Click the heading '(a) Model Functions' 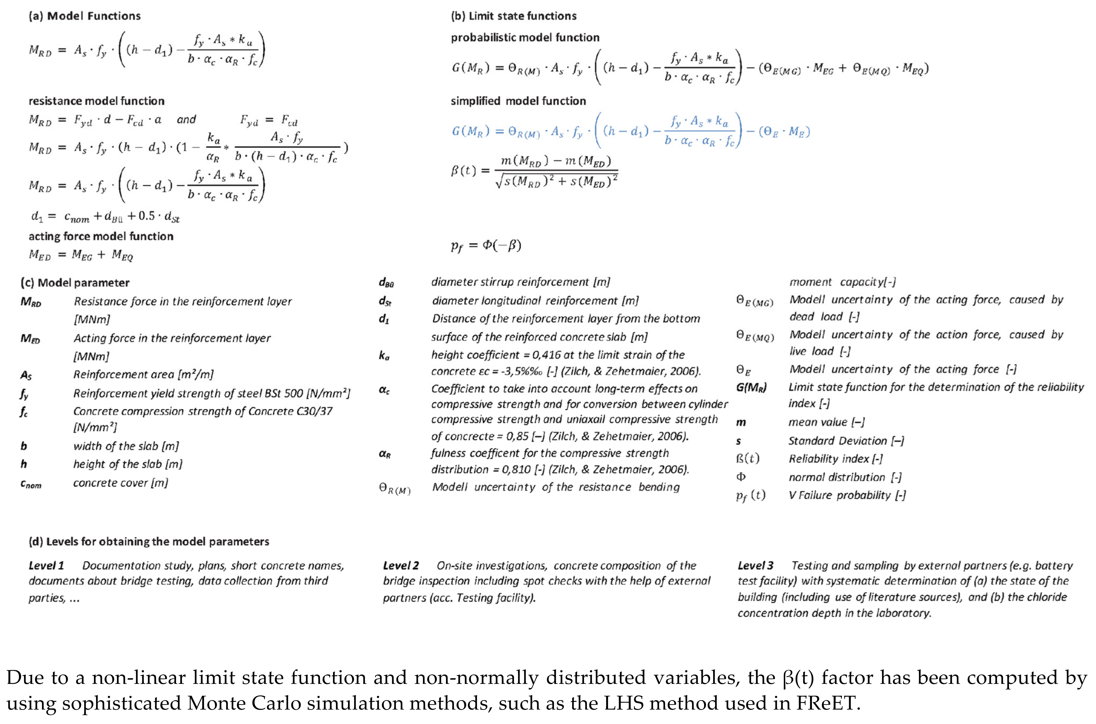(85, 16)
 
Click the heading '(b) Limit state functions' (513, 16)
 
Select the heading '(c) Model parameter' (75, 283)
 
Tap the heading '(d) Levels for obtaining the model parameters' (149, 541)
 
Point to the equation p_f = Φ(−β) (486, 245)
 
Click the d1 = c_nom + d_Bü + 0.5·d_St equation (105, 216)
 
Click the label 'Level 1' (46, 566)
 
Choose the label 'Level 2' (401, 566)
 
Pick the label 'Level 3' (755, 566)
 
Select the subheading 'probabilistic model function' (525, 37)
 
